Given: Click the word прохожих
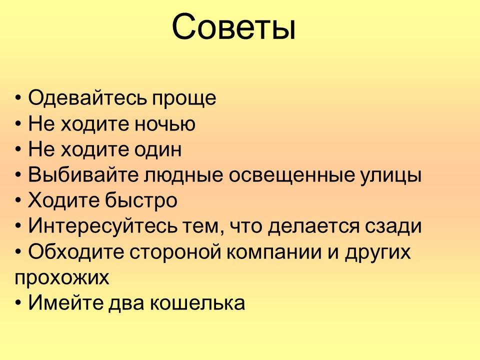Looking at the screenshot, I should click(x=62, y=278).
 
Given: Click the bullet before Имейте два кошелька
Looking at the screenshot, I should click(x=18, y=303).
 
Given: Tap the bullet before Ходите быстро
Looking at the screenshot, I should click(x=18, y=201).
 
